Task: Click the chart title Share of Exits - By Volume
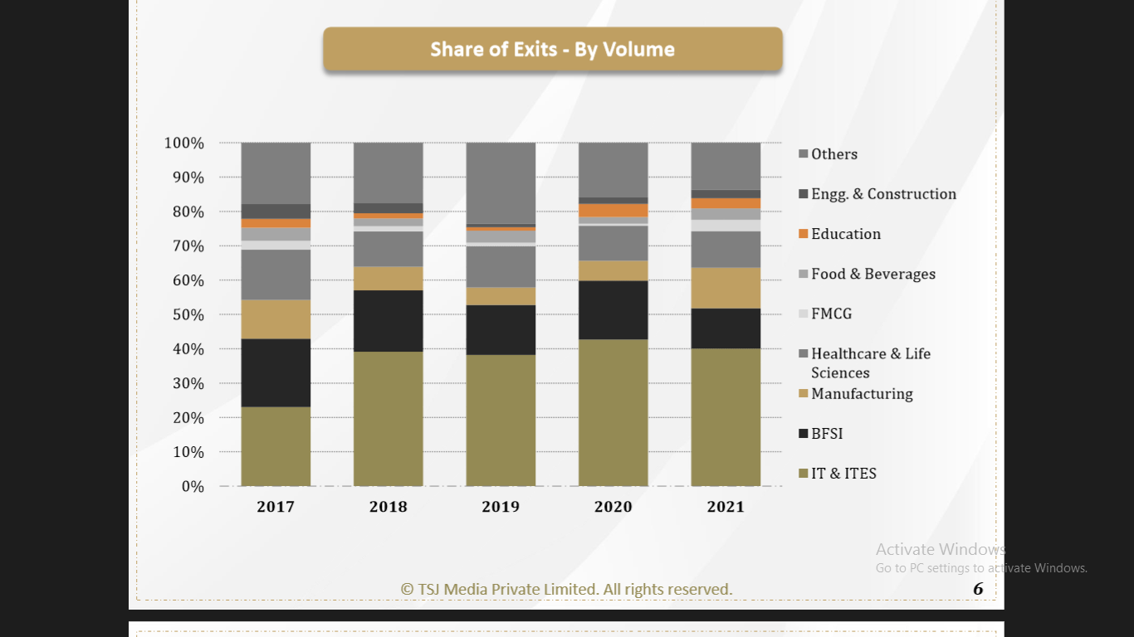coord(552,50)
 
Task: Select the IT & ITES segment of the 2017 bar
coord(276,446)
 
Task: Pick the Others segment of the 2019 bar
coord(501,183)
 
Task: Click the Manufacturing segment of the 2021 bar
coord(726,288)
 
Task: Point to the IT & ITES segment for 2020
coord(613,412)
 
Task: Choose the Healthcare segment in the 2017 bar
coord(276,275)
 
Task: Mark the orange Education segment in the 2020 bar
coord(613,210)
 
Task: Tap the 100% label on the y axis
coord(184,143)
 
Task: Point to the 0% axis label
coord(193,487)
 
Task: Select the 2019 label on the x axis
coord(501,507)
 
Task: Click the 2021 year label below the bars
coord(726,507)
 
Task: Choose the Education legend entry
coord(845,234)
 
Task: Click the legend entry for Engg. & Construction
coord(883,194)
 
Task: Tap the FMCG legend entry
coord(831,314)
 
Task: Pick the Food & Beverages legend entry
coord(872,274)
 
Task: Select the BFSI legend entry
coord(827,434)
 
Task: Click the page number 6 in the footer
coord(978,589)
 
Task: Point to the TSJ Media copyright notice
coord(566,590)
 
